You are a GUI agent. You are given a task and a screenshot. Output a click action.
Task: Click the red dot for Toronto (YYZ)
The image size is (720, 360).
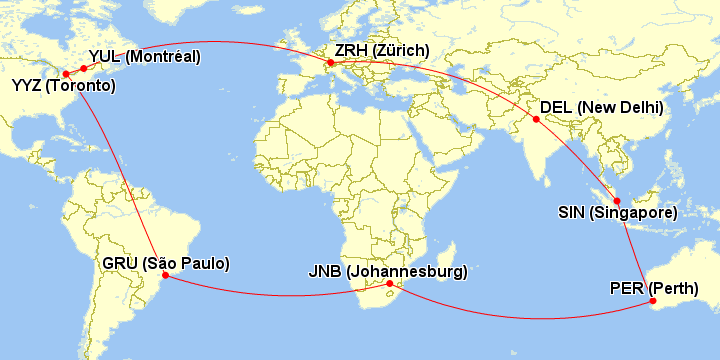point(66,74)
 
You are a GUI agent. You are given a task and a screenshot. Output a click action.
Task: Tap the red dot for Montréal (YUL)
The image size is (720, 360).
point(83,68)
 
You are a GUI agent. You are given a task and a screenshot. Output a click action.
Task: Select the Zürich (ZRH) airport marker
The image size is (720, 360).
point(330,63)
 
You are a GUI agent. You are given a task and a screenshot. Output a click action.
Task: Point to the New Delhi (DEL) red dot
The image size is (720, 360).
point(536,120)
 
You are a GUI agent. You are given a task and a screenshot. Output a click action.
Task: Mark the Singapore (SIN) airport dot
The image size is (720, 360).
point(617,201)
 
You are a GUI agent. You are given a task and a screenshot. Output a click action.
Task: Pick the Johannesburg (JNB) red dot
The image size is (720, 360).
point(390,284)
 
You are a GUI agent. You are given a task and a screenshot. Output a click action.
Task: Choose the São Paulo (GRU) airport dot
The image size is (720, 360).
point(163,276)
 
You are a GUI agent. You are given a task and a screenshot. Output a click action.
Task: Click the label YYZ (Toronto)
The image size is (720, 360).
point(63,87)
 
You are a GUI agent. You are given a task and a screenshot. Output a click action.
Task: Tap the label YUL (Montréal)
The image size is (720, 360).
point(144,55)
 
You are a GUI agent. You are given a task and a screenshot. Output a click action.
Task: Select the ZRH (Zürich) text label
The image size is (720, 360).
point(383,51)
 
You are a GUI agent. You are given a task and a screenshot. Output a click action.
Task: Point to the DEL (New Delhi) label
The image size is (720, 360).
point(601,107)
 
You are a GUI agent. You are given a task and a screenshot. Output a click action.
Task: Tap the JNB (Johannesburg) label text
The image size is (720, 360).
point(387,271)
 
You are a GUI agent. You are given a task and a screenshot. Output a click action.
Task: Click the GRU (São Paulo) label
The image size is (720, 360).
point(166,263)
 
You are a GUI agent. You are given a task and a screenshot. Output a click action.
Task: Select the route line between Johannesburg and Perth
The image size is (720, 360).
point(520,317)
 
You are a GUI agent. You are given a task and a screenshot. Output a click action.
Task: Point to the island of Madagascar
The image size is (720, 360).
point(447,263)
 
